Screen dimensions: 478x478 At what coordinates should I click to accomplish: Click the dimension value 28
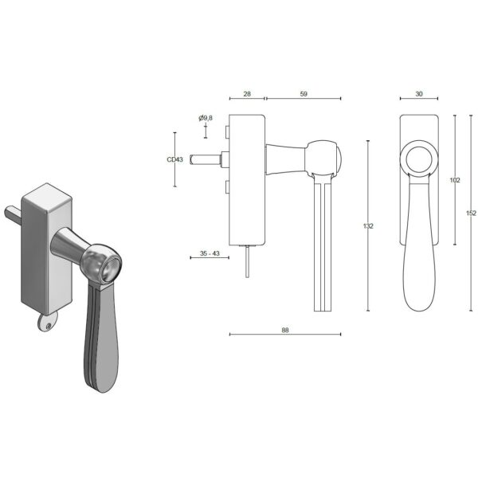(x=246, y=94)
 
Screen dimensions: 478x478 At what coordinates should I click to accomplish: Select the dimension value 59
(x=303, y=94)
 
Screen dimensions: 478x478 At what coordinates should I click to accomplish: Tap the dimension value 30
(x=419, y=94)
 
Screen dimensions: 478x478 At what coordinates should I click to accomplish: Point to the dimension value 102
(x=455, y=180)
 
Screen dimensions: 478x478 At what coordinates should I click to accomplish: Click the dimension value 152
(x=470, y=213)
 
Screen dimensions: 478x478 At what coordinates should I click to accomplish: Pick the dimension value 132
(x=368, y=226)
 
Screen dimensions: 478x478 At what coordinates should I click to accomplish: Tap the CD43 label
(x=174, y=159)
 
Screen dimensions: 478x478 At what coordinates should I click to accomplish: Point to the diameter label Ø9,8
(x=206, y=118)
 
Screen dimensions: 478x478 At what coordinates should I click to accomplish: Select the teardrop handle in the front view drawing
(x=418, y=255)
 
